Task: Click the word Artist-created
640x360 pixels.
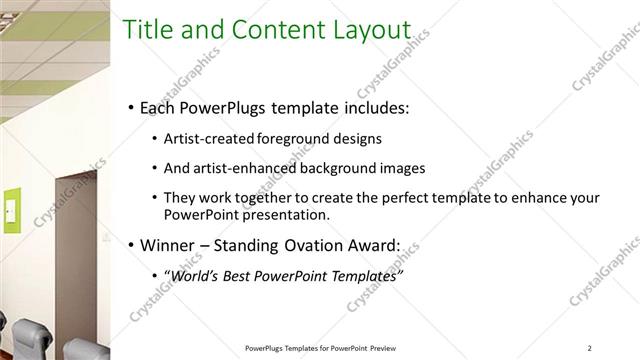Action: tap(207, 138)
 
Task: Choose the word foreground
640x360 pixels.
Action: tap(291, 138)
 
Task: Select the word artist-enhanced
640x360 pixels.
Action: tap(235, 168)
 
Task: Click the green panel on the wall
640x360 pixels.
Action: tap(12, 209)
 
